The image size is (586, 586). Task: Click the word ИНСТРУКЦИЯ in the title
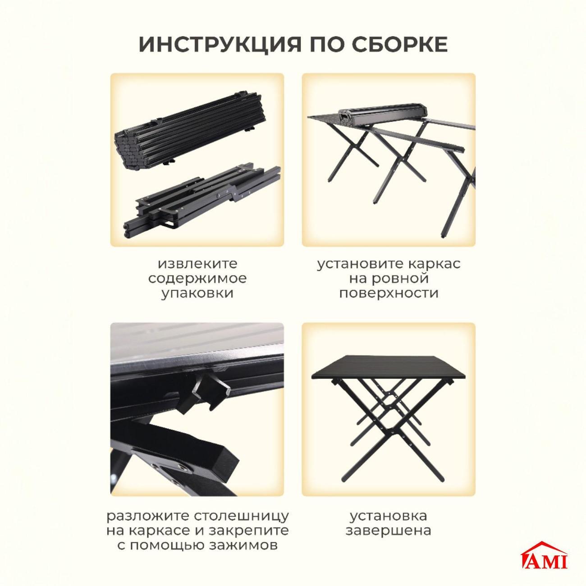220,45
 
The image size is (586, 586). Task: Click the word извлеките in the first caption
197,263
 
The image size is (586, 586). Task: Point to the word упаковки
197,293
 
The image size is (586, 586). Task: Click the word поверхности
389,293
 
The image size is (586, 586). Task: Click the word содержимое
197,279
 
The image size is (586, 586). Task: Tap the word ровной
389,279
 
